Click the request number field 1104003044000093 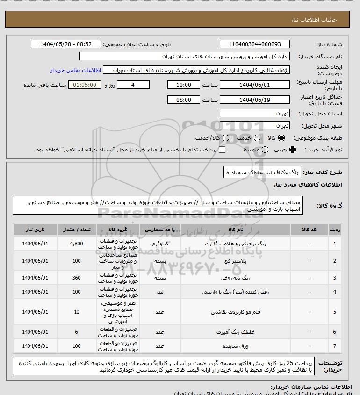(254, 44)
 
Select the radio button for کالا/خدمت (226, 138)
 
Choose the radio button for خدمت (256, 138)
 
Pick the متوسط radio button (265, 150)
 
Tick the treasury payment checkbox (222, 150)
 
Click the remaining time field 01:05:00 (85, 85)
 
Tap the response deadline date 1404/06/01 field (254, 85)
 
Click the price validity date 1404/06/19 (254, 100)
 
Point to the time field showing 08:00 (184, 100)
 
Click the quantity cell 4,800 (76, 244)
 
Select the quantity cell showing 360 (76, 278)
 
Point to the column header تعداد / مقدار (76, 230)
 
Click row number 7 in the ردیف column (334, 346)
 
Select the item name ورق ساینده (229, 346)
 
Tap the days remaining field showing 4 (133, 85)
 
